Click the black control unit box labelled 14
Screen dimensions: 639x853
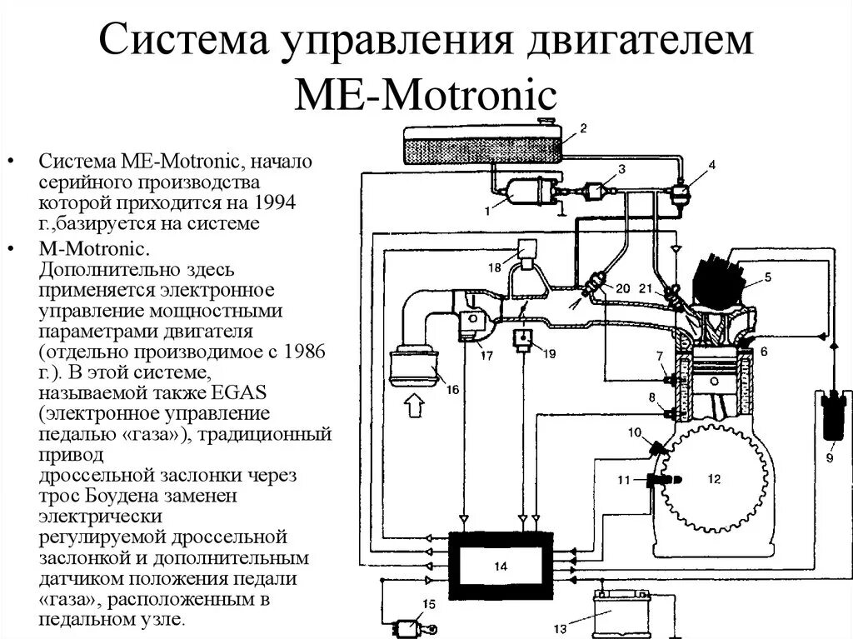click(x=501, y=565)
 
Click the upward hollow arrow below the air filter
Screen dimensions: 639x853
click(x=413, y=410)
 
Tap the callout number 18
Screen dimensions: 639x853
click(x=495, y=268)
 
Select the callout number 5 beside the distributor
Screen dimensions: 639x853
click(x=767, y=277)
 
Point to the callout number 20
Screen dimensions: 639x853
click(x=623, y=288)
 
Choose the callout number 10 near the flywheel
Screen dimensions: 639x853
click(x=635, y=432)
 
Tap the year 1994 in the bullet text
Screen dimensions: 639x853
click(x=277, y=203)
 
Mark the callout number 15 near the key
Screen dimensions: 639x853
click(x=428, y=604)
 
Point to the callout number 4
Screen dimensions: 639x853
click(x=711, y=165)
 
